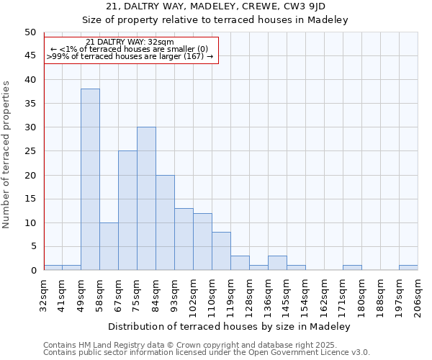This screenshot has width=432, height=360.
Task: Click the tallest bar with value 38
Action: pyautogui.click(x=90, y=179)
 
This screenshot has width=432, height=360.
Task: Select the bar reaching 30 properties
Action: pyautogui.click(x=146, y=199)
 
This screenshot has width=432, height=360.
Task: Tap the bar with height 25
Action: pyautogui.click(x=127, y=210)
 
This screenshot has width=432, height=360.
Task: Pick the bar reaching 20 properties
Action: pyautogui.click(x=165, y=222)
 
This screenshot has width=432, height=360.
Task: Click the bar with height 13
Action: pyautogui.click(x=184, y=239)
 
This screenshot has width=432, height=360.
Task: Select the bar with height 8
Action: pyautogui.click(x=221, y=251)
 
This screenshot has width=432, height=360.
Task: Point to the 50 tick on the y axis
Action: pyautogui.click(x=30, y=32)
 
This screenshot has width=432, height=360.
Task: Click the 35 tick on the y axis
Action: pyautogui.click(x=30, y=104)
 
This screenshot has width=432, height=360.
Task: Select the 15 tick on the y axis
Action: pyautogui.click(x=30, y=199)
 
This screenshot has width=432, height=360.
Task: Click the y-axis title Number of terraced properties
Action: pyautogui.click(x=7, y=154)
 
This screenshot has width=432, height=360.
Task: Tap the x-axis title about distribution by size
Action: pyautogui.click(x=230, y=326)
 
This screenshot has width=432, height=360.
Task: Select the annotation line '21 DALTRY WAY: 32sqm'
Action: pyautogui.click(x=130, y=42)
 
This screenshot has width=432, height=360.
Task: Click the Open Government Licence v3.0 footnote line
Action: pyautogui.click(x=206, y=353)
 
